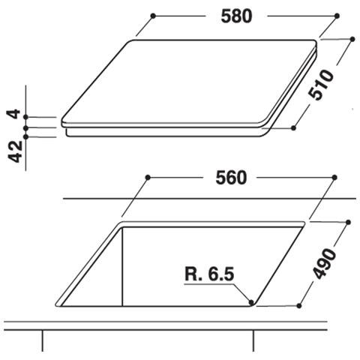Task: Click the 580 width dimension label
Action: (x=236, y=16)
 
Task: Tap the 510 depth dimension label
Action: (x=321, y=85)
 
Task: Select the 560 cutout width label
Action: (x=231, y=178)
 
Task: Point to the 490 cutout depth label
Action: (x=324, y=263)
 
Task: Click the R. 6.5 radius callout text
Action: (x=209, y=274)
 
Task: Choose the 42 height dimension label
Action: (x=15, y=151)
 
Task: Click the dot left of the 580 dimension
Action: (x=153, y=16)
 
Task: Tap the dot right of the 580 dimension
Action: (x=337, y=16)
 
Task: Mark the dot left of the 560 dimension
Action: (x=148, y=178)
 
